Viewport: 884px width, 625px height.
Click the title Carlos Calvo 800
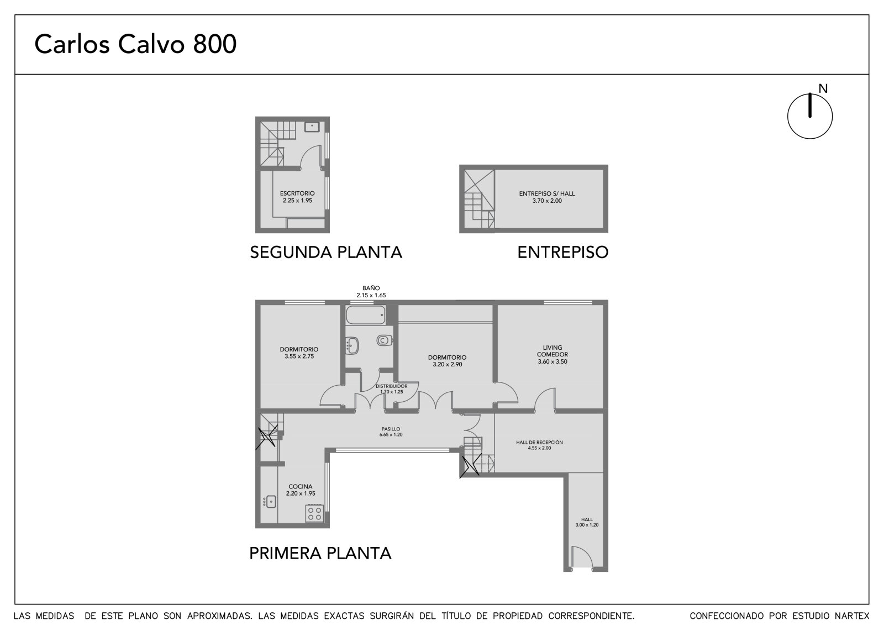[x=135, y=44]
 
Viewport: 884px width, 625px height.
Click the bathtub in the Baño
[x=365, y=314]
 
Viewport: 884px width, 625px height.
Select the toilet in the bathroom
[x=384, y=340]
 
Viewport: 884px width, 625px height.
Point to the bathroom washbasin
[x=352, y=345]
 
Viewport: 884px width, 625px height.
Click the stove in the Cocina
[x=314, y=513]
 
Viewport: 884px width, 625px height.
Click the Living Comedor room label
[x=552, y=355]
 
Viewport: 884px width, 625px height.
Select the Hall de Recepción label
[x=539, y=445]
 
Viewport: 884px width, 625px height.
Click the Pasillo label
[x=391, y=432]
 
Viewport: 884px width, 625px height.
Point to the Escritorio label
[x=297, y=197]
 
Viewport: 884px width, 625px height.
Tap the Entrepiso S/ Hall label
[x=546, y=197]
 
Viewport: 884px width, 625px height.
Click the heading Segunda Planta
[x=326, y=253]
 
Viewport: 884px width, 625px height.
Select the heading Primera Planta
[x=320, y=553]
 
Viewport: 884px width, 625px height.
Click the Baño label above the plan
[x=371, y=291]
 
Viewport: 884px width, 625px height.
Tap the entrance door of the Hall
[x=582, y=558]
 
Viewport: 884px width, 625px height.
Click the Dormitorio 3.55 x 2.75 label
[x=299, y=353]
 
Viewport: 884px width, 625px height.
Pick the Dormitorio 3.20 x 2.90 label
[x=447, y=361]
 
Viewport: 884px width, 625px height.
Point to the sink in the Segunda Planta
[x=312, y=127]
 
